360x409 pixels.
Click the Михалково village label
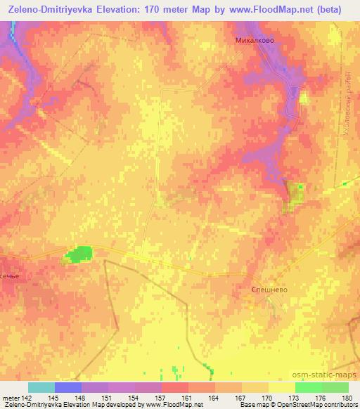[255, 41]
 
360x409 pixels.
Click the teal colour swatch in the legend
[41, 387]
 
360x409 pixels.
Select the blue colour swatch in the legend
[68, 387]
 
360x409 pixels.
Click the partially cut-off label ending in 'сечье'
[12, 276]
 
